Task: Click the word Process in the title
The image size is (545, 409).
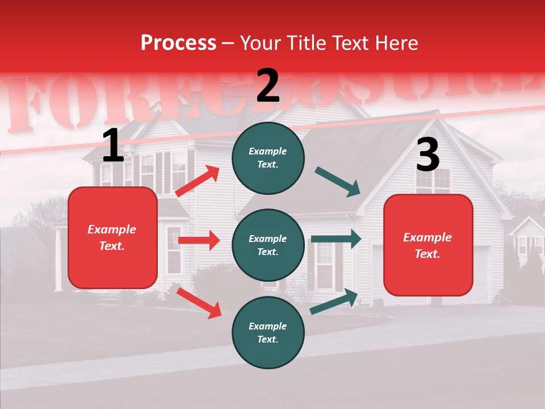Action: tap(178, 43)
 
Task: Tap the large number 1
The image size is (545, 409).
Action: tap(113, 147)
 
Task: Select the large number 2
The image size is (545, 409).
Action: tap(268, 86)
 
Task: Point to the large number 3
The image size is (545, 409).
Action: tap(427, 156)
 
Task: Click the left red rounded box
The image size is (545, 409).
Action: tap(112, 237)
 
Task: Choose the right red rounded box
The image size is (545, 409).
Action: tap(428, 245)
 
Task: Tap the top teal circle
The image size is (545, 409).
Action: tap(268, 158)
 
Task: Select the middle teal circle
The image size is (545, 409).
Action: tap(268, 245)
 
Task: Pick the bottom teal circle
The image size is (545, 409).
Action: tap(268, 332)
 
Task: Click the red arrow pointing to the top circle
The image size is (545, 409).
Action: tap(197, 181)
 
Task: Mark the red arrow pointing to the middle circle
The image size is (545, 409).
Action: tap(199, 240)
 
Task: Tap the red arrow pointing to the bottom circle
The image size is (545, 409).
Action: tap(199, 302)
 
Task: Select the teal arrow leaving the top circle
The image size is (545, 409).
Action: tap(338, 182)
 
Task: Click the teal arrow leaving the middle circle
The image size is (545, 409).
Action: tap(336, 239)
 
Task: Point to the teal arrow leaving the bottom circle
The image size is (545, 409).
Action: tap(334, 301)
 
